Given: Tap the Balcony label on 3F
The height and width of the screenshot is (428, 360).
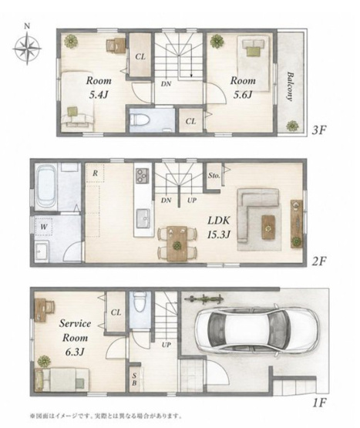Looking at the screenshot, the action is [290, 86].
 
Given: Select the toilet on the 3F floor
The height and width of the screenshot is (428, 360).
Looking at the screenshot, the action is [140, 120].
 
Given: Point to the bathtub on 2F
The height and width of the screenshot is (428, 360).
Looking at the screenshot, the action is [46, 187].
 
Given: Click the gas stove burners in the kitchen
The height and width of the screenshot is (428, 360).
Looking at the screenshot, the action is [143, 175].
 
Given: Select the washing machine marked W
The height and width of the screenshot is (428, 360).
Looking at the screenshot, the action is [44, 226].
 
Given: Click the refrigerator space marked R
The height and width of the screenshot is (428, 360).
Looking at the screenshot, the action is [95, 173].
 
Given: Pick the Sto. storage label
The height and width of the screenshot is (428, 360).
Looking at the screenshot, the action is [214, 176].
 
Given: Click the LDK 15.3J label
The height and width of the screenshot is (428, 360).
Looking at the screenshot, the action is [219, 227].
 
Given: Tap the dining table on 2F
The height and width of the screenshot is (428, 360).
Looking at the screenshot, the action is [177, 243].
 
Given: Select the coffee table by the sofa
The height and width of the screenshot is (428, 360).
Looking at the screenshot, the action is [268, 227].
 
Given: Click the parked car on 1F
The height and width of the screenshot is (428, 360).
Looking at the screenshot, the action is [257, 330].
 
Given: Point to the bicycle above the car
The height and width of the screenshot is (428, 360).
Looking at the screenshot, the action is [204, 299].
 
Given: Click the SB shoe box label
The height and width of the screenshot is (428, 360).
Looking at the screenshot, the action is [134, 379].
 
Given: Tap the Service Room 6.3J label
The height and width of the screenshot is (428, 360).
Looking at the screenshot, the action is [75, 338].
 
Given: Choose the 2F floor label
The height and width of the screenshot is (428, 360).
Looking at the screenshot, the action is [319, 261].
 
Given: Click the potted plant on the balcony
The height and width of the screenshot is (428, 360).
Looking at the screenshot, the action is [292, 126].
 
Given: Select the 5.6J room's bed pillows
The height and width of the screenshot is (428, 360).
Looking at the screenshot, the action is [254, 44].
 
